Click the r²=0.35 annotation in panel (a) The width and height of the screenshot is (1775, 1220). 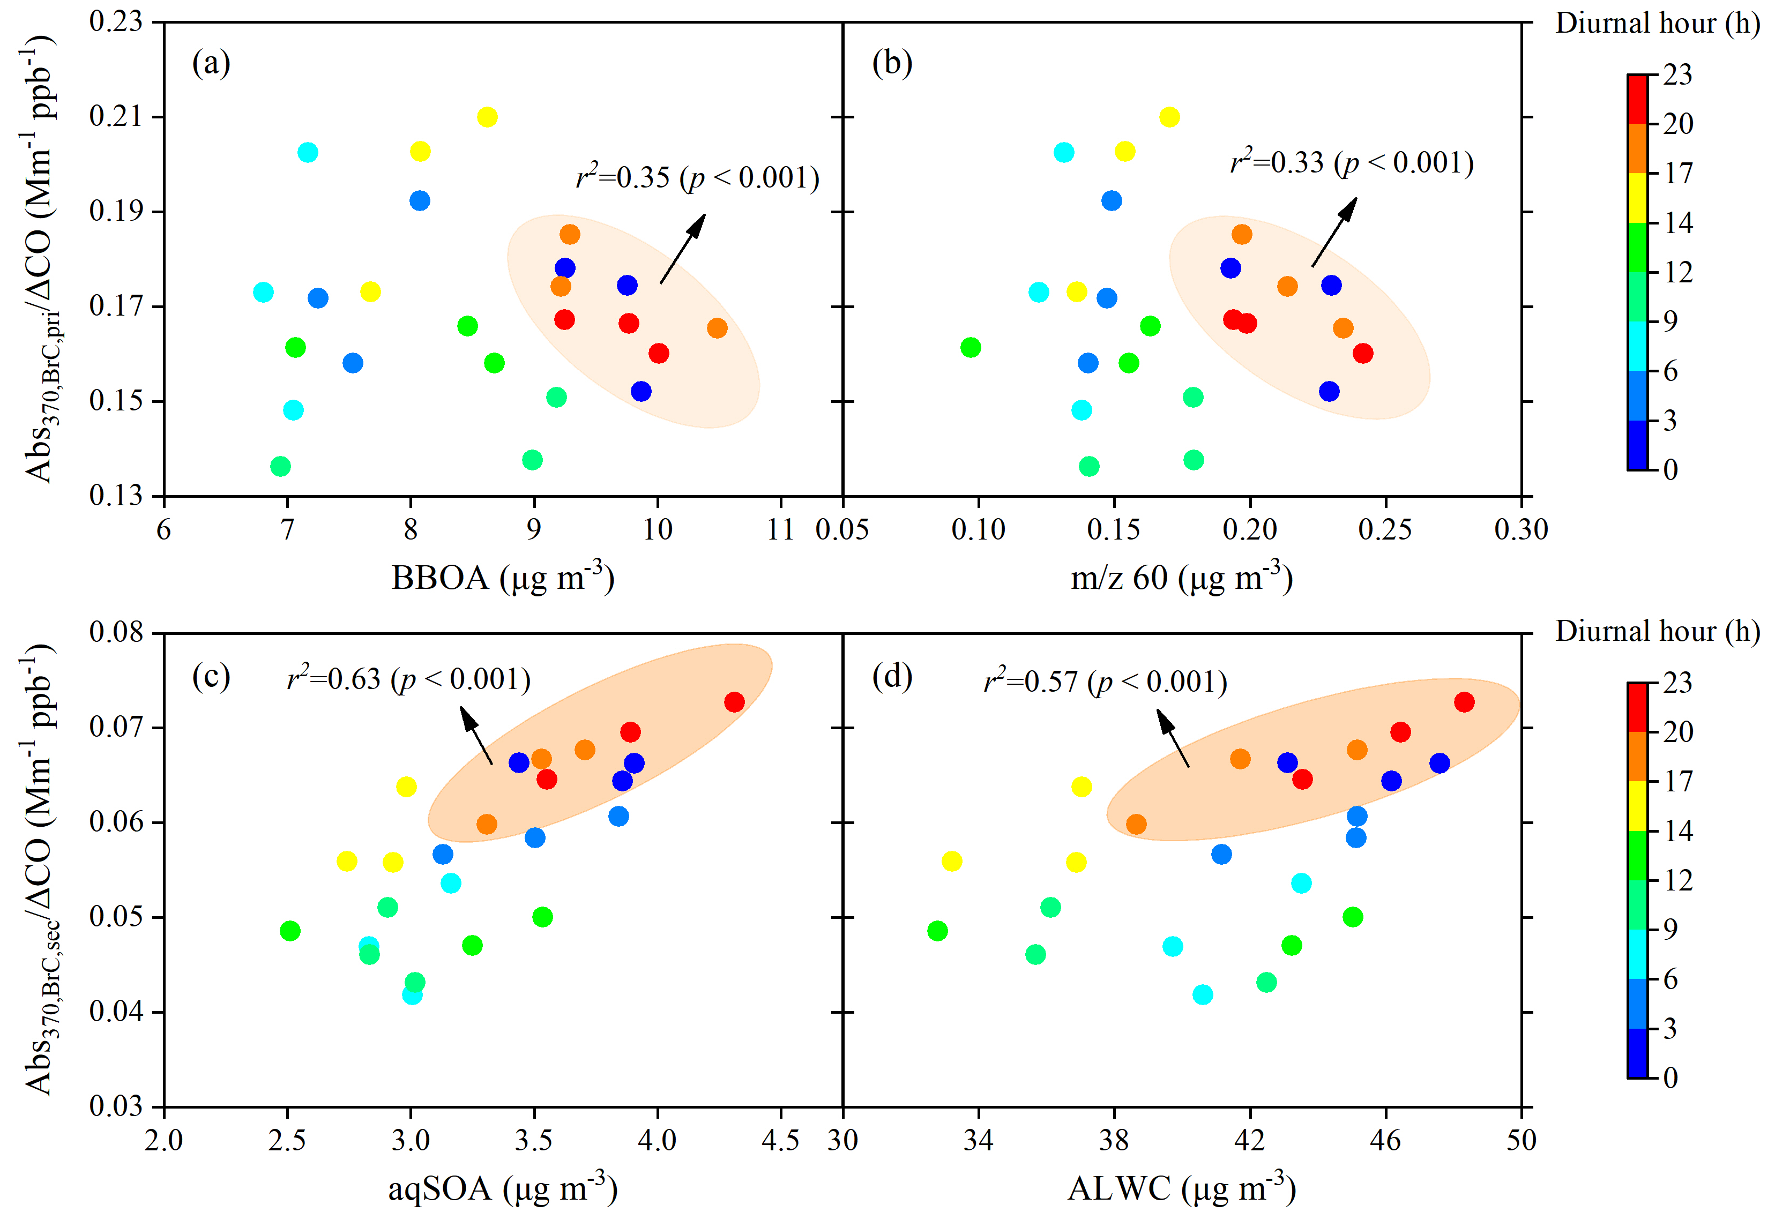click(697, 177)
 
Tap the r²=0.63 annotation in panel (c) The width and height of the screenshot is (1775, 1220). click(409, 679)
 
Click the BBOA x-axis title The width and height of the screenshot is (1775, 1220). click(503, 578)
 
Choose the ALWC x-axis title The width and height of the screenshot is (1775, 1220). click(1182, 1189)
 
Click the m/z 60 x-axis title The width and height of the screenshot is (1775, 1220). click(1182, 578)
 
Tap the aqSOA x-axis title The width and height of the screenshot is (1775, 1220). click(503, 1189)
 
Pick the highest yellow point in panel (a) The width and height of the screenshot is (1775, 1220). click(487, 117)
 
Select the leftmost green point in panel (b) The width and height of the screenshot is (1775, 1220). click(970, 347)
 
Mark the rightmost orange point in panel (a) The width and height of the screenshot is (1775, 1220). click(717, 328)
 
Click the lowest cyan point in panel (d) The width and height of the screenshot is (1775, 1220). click(1203, 994)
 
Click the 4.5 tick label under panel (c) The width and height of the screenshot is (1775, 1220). click(780, 1141)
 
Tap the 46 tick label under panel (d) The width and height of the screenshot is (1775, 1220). click(1385, 1141)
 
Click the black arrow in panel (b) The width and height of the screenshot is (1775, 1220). click(1334, 231)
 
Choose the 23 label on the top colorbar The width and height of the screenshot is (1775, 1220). click(1677, 75)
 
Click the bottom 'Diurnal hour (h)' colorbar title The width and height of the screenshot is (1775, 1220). click(1657, 631)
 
